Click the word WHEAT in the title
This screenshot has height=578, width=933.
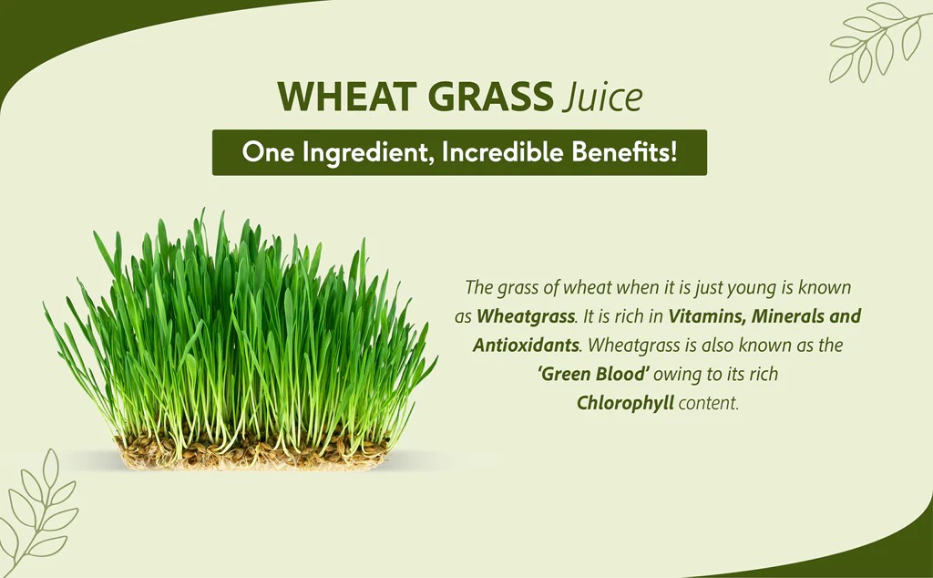click(x=346, y=96)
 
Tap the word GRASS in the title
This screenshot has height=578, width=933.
click(x=491, y=96)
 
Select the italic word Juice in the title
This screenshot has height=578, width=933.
click(x=603, y=97)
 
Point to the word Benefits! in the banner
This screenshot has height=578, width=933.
click(x=624, y=151)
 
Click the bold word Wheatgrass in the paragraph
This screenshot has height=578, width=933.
click(x=526, y=316)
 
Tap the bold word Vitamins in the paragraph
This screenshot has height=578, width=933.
click(x=706, y=315)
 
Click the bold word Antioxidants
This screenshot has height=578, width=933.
click(x=526, y=345)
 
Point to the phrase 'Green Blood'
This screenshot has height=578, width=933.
click(x=593, y=374)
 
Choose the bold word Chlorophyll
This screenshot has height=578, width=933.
click(x=625, y=403)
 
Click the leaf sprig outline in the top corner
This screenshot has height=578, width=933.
click(x=878, y=42)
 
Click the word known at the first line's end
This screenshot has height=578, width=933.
click(x=825, y=287)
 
